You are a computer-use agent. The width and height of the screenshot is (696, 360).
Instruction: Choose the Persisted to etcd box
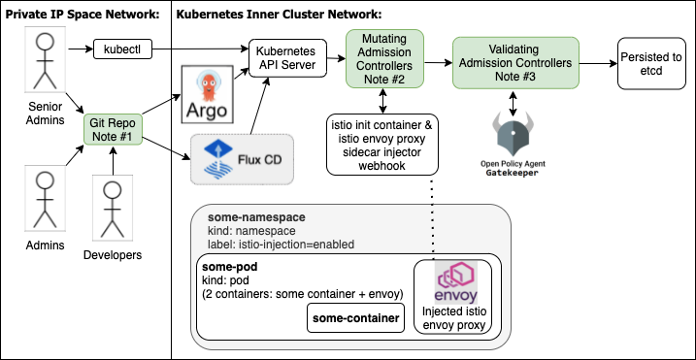650,57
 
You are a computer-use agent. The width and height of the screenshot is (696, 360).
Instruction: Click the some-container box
354,317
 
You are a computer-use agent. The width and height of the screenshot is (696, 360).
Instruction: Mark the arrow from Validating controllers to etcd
596,57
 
